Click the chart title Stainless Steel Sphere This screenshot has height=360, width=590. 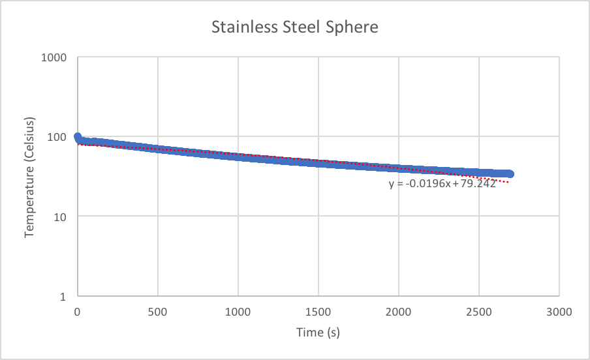point(295,28)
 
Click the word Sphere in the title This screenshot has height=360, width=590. point(355,28)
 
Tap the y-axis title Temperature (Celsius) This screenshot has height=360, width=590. point(29,177)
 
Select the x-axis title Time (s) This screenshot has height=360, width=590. point(318,333)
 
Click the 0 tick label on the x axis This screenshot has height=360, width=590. point(77,312)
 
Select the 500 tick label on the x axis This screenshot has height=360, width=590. point(157,312)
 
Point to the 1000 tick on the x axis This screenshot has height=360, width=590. point(238,312)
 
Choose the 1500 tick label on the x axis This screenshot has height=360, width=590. point(318,312)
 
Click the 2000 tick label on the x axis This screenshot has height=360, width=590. point(398,312)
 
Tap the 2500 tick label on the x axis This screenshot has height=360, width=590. point(479,312)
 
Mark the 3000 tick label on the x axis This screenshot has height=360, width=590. point(559,312)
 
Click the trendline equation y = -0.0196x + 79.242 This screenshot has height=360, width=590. point(442,184)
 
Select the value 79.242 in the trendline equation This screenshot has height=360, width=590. point(478,184)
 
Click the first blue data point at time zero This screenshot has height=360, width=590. point(78,137)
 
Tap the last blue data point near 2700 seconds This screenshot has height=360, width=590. point(510,174)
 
